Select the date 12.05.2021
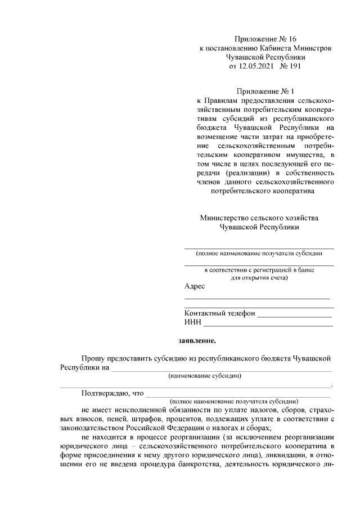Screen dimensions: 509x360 click(254, 66)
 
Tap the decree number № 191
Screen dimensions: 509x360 click(291, 66)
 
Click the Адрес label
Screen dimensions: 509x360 click(194, 286)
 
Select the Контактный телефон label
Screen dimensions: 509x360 click(219, 313)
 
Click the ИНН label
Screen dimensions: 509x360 click(192, 322)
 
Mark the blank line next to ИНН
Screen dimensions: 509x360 click(268, 325)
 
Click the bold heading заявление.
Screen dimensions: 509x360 click(197, 340)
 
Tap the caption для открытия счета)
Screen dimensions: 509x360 click(259, 277)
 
